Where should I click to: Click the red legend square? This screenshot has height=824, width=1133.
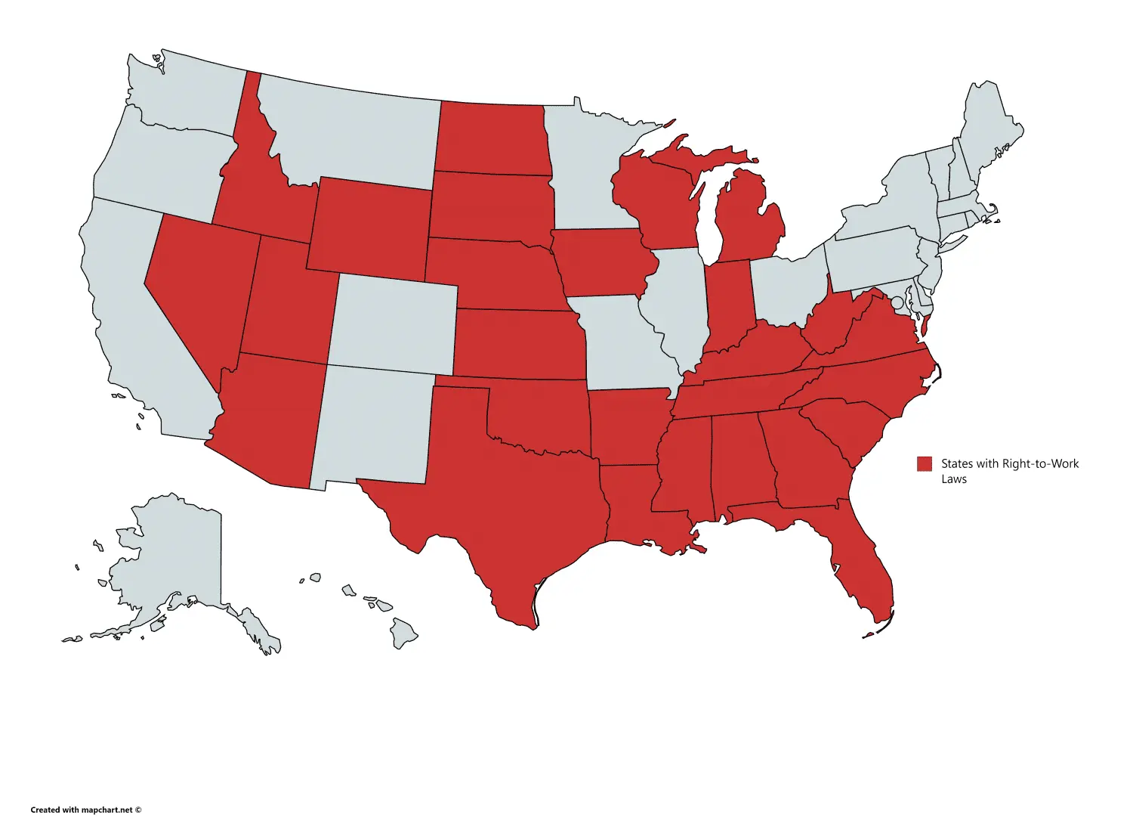coord(925,464)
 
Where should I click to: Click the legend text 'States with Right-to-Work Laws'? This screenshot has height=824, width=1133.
coord(1009,470)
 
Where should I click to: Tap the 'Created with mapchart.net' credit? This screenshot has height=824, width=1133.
coord(86,810)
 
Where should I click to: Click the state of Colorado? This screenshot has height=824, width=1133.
coord(393,321)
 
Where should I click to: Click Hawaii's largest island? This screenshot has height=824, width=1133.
coord(403,632)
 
